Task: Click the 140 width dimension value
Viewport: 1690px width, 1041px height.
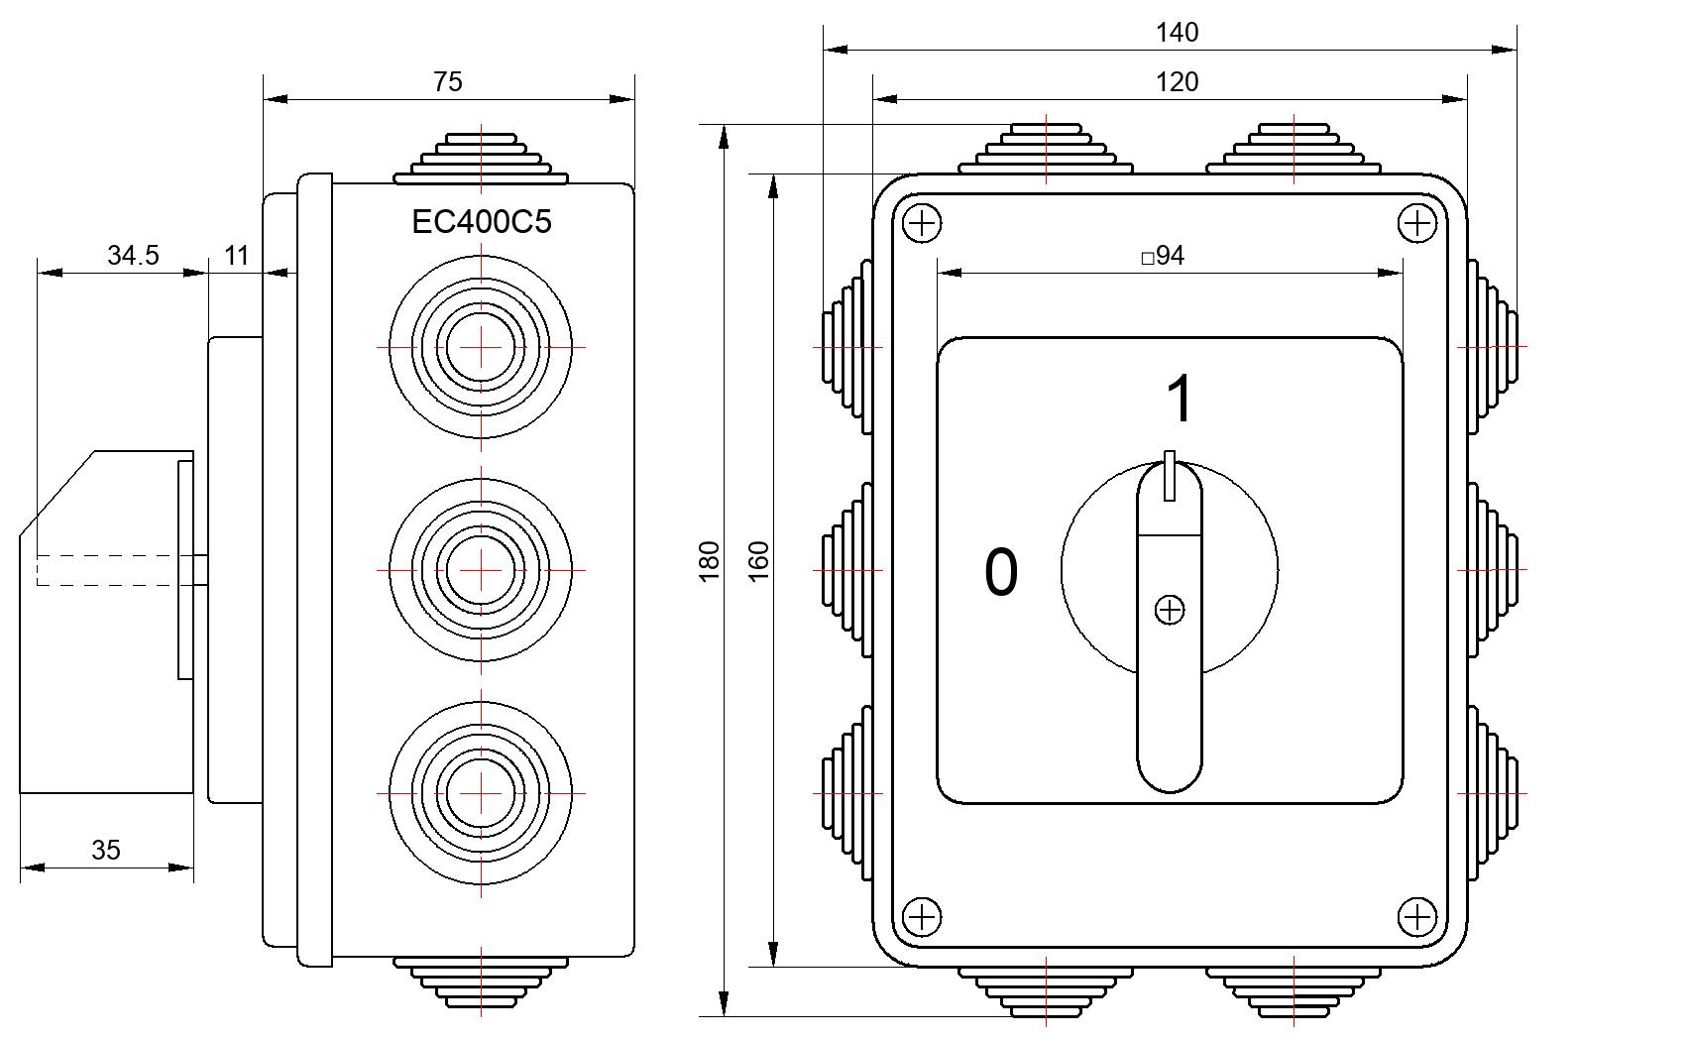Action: [1177, 33]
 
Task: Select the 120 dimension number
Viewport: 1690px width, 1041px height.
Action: [1177, 81]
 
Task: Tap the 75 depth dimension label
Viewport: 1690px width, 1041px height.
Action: [447, 81]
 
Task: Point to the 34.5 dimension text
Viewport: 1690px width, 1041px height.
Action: [133, 255]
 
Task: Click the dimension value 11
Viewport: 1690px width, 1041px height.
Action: [236, 255]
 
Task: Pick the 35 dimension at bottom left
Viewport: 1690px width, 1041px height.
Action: [106, 850]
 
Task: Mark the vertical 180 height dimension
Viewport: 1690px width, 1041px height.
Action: [710, 561]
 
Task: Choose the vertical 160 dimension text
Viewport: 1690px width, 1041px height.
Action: [758, 561]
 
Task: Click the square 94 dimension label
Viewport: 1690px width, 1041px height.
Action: [1163, 256]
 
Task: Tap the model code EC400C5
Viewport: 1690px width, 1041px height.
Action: [482, 222]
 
